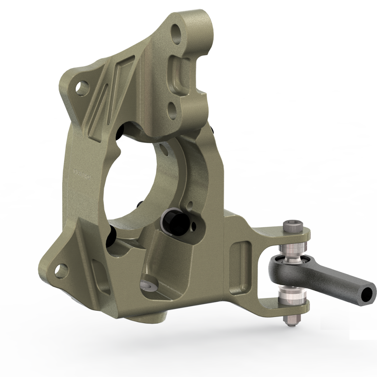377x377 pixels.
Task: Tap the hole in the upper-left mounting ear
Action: pos(81,88)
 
